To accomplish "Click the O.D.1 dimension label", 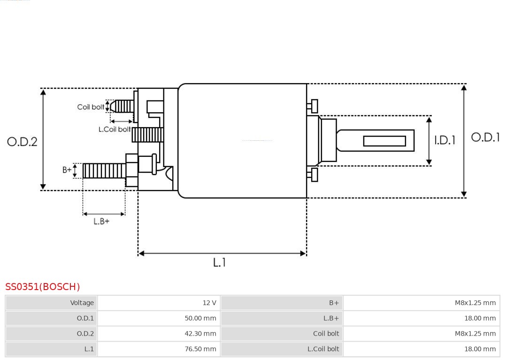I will pyautogui.click(x=485, y=137).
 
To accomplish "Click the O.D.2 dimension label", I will pyautogui.click(x=22, y=142).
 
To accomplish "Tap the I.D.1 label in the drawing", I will pyautogui.click(x=444, y=140).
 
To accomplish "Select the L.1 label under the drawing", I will pyautogui.click(x=219, y=262).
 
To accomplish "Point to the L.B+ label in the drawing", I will pyautogui.click(x=101, y=221).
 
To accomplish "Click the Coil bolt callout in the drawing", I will pyautogui.click(x=91, y=107).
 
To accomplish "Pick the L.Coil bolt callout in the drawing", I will pyautogui.click(x=114, y=129).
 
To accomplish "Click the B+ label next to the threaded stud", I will pyautogui.click(x=67, y=170).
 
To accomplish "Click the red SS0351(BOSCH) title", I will pyautogui.click(x=43, y=286).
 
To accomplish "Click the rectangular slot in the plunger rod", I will pyautogui.click(x=384, y=141).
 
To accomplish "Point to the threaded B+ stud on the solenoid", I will pyautogui.click(x=104, y=170).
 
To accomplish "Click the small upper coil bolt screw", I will pyautogui.click(x=124, y=106).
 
